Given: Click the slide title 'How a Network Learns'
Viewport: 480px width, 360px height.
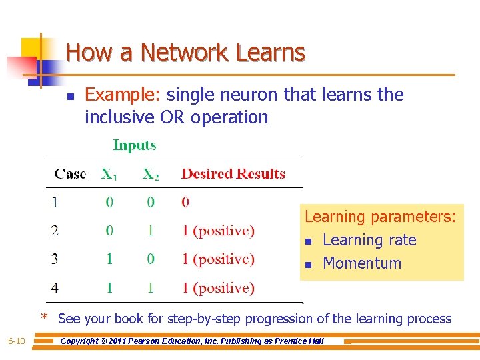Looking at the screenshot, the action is tap(186, 52).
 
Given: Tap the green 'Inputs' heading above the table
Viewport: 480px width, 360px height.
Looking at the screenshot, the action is tap(135, 145).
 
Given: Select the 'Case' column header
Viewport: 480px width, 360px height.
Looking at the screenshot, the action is tap(70, 174).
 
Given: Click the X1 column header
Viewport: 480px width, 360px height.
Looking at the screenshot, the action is tap(109, 175).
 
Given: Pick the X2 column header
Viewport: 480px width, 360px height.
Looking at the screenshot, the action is tap(151, 175).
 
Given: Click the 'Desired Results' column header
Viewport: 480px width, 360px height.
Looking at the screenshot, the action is tap(233, 174).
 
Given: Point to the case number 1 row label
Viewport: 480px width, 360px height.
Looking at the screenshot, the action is tap(55, 201).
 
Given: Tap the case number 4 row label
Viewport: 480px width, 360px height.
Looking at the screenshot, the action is tap(55, 288).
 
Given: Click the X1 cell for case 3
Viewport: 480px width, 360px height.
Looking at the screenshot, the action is tap(109, 259).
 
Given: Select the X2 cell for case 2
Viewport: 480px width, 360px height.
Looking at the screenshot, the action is tap(151, 231).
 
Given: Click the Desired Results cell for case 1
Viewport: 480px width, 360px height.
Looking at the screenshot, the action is tap(185, 201).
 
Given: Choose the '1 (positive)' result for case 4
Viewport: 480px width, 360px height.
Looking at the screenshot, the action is tap(219, 288).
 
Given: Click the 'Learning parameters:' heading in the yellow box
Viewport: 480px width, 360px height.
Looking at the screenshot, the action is tap(381, 217).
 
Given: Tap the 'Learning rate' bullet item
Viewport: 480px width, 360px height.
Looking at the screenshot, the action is tap(369, 240).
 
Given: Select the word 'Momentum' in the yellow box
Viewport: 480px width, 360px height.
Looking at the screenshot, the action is tap(362, 263).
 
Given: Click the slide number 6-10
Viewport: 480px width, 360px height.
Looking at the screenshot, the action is tap(16, 341).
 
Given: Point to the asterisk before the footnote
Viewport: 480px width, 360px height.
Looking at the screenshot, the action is tap(45, 317).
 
